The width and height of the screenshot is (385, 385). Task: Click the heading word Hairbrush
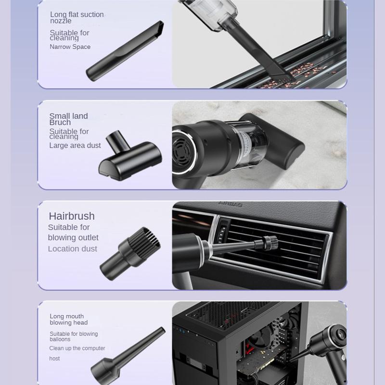click(72, 216)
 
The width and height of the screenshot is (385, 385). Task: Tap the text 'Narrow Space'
click(70, 47)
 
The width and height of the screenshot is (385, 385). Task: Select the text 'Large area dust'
click(75, 145)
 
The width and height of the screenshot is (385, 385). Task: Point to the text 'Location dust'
click(73, 249)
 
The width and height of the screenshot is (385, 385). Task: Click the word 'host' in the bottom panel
click(54, 359)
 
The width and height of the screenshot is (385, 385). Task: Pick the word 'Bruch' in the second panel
click(60, 122)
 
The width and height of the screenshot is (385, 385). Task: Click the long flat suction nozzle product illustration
click(125, 51)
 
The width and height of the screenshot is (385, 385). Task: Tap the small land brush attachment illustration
click(130, 155)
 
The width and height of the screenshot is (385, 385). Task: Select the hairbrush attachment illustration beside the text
click(130, 254)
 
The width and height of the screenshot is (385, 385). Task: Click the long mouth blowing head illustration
click(128, 356)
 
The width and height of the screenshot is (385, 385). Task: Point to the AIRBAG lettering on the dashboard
click(231, 204)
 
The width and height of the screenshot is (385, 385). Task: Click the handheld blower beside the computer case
click(324, 348)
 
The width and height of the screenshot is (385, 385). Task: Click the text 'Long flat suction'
click(77, 15)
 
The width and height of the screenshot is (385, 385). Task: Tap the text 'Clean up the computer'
click(77, 348)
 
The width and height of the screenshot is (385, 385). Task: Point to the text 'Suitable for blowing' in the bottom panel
click(74, 334)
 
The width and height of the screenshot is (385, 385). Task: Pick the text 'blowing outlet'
click(73, 238)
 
